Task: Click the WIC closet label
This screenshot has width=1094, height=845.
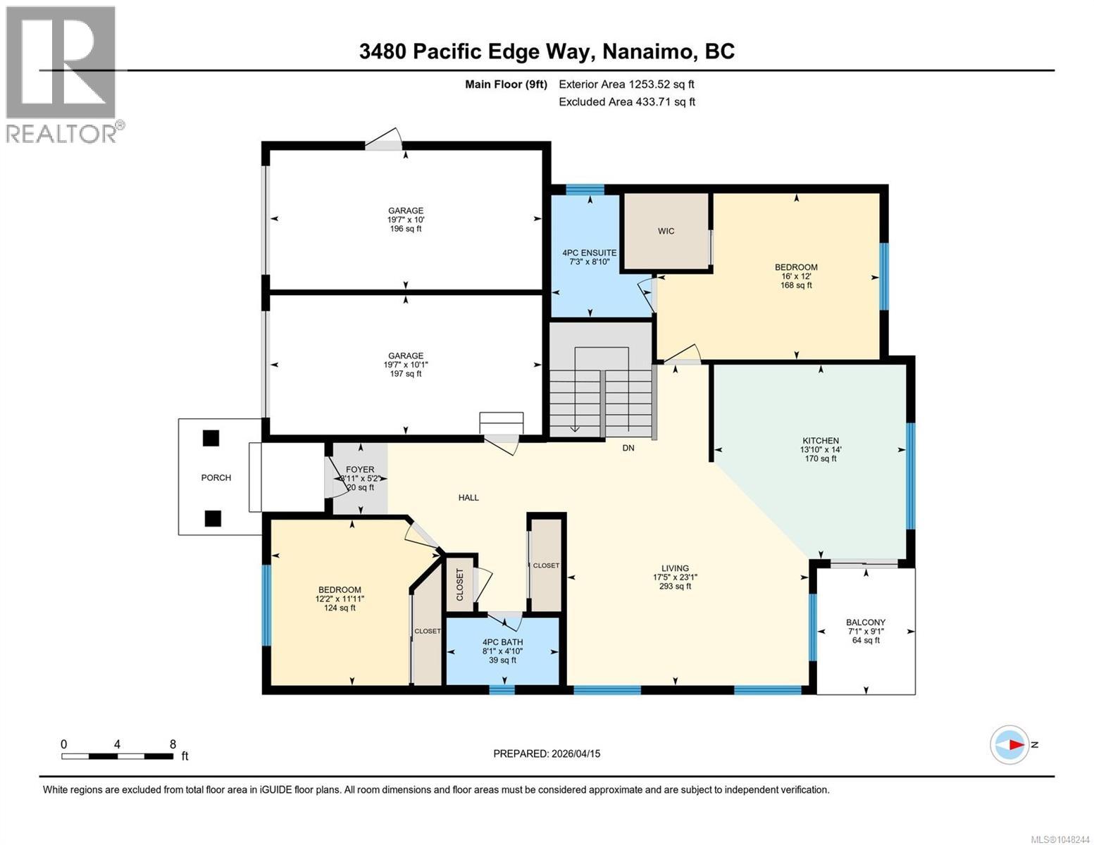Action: pos(666,231)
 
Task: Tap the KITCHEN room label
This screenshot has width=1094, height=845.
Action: pos(821,440)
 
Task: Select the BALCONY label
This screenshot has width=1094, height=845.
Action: pos(866,622)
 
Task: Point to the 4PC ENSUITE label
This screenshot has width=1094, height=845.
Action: pos(589,253)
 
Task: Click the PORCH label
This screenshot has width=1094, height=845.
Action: pos(216,477)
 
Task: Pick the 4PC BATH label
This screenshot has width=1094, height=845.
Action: pos(502,642)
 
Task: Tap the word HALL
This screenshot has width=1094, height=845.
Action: pos(468,497)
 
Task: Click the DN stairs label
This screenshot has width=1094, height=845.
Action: pos(628,448)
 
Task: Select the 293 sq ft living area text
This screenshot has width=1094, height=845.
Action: pos(675,586)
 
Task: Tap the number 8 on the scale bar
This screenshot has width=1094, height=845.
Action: pos(173,744)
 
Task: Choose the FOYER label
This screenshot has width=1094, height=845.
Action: pos(360,469)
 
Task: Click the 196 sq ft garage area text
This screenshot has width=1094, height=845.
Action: pos(405,228)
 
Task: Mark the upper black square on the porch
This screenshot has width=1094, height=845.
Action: pos(211,438)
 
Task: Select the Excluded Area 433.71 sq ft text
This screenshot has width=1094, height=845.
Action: pos(627,101)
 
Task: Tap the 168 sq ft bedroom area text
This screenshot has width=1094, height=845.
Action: pos(796,285)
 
